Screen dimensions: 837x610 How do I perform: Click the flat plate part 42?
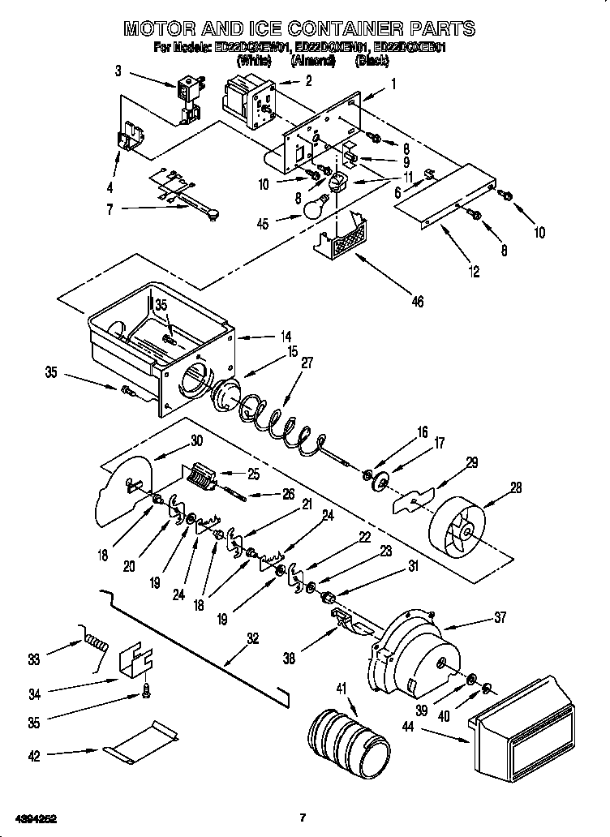point(141,745)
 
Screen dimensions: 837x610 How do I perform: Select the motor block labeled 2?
point(248,97)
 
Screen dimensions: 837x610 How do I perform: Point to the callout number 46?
point(416,302)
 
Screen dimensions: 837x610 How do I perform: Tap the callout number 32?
point(252,638)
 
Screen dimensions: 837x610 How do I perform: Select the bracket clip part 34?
point(137,663)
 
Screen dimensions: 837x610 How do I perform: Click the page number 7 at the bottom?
point(302,818)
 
